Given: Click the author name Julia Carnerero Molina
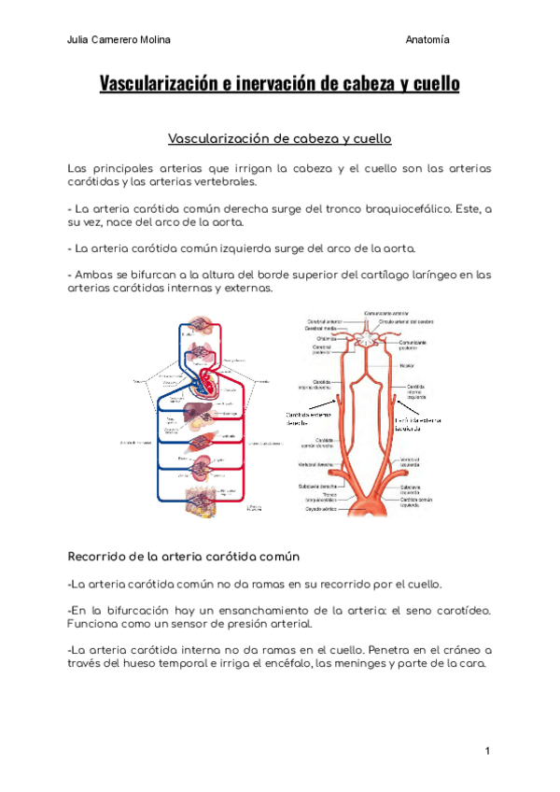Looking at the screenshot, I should coord(119,39).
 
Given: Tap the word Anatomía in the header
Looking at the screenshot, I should coord(427,39).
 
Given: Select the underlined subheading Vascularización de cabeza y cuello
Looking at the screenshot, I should coord(279,139).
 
